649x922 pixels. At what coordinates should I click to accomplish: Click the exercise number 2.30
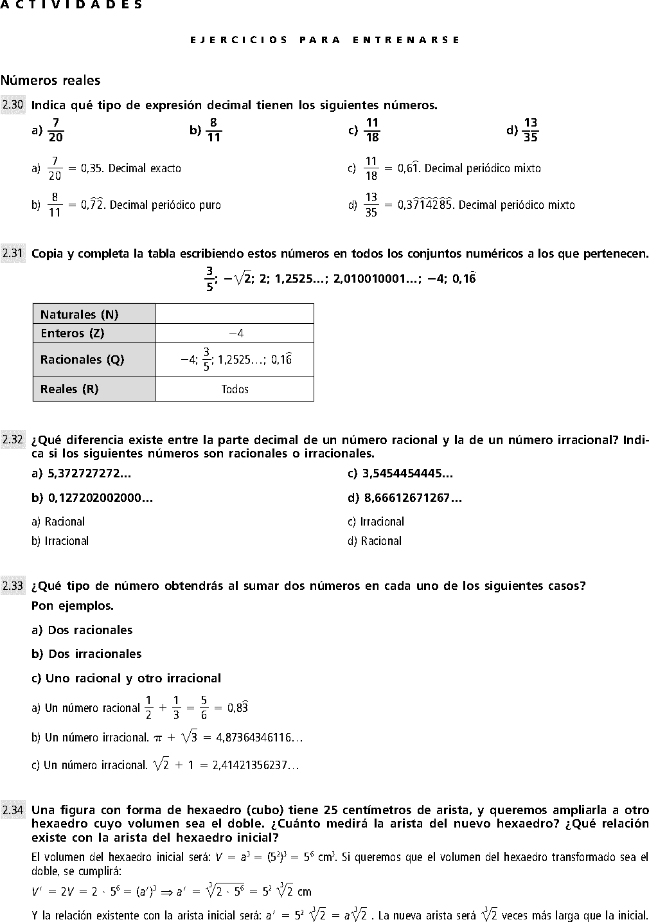(13, 105)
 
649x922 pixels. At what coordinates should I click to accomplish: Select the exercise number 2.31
(13, 254)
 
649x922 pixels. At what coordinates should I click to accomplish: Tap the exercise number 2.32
(13, 440)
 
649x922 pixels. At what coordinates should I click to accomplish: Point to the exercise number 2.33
(13, 586)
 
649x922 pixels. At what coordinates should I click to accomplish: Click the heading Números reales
(51, 80)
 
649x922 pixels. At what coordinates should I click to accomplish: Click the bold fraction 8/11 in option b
(213, 130)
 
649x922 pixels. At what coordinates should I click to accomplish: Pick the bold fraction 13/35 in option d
(530, 130)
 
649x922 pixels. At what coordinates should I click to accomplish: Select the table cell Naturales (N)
(94, 314)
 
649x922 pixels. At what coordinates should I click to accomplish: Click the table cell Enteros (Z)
(94, 333)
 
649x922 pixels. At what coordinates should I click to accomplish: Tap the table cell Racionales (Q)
(94, 360)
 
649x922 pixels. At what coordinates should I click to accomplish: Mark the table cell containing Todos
(235, 389)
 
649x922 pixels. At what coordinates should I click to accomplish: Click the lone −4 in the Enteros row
(236, 333)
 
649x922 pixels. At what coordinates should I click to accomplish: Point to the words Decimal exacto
(145, 169)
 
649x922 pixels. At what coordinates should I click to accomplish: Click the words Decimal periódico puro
(165, 206)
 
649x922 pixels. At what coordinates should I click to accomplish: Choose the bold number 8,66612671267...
(411, 497)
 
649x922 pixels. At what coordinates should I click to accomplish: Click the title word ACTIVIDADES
(71, 5)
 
